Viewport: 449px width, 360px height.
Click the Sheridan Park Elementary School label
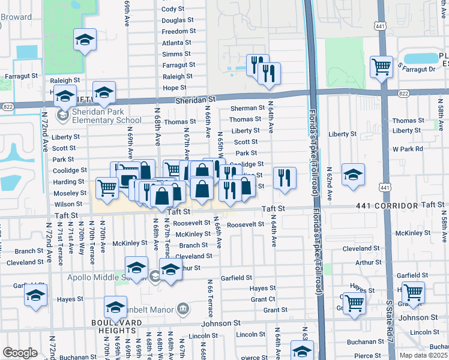[x=106, y=116]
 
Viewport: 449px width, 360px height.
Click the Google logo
[x=20, y=353]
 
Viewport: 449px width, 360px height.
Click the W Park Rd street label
[x=408, y=148]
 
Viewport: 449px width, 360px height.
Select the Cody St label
[x=173, y=9]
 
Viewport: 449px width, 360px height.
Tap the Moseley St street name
[x=70, y=193]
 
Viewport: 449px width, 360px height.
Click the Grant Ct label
[x=263, y=299]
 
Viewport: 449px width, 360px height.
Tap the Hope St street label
[x=175, y=88]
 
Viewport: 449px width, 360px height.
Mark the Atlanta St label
[x=176, y=43]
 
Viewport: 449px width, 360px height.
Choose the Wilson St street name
[x=68, y=204]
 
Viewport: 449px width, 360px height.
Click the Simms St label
[x=176, y=54]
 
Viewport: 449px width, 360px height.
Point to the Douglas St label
[x=178, y=20]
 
